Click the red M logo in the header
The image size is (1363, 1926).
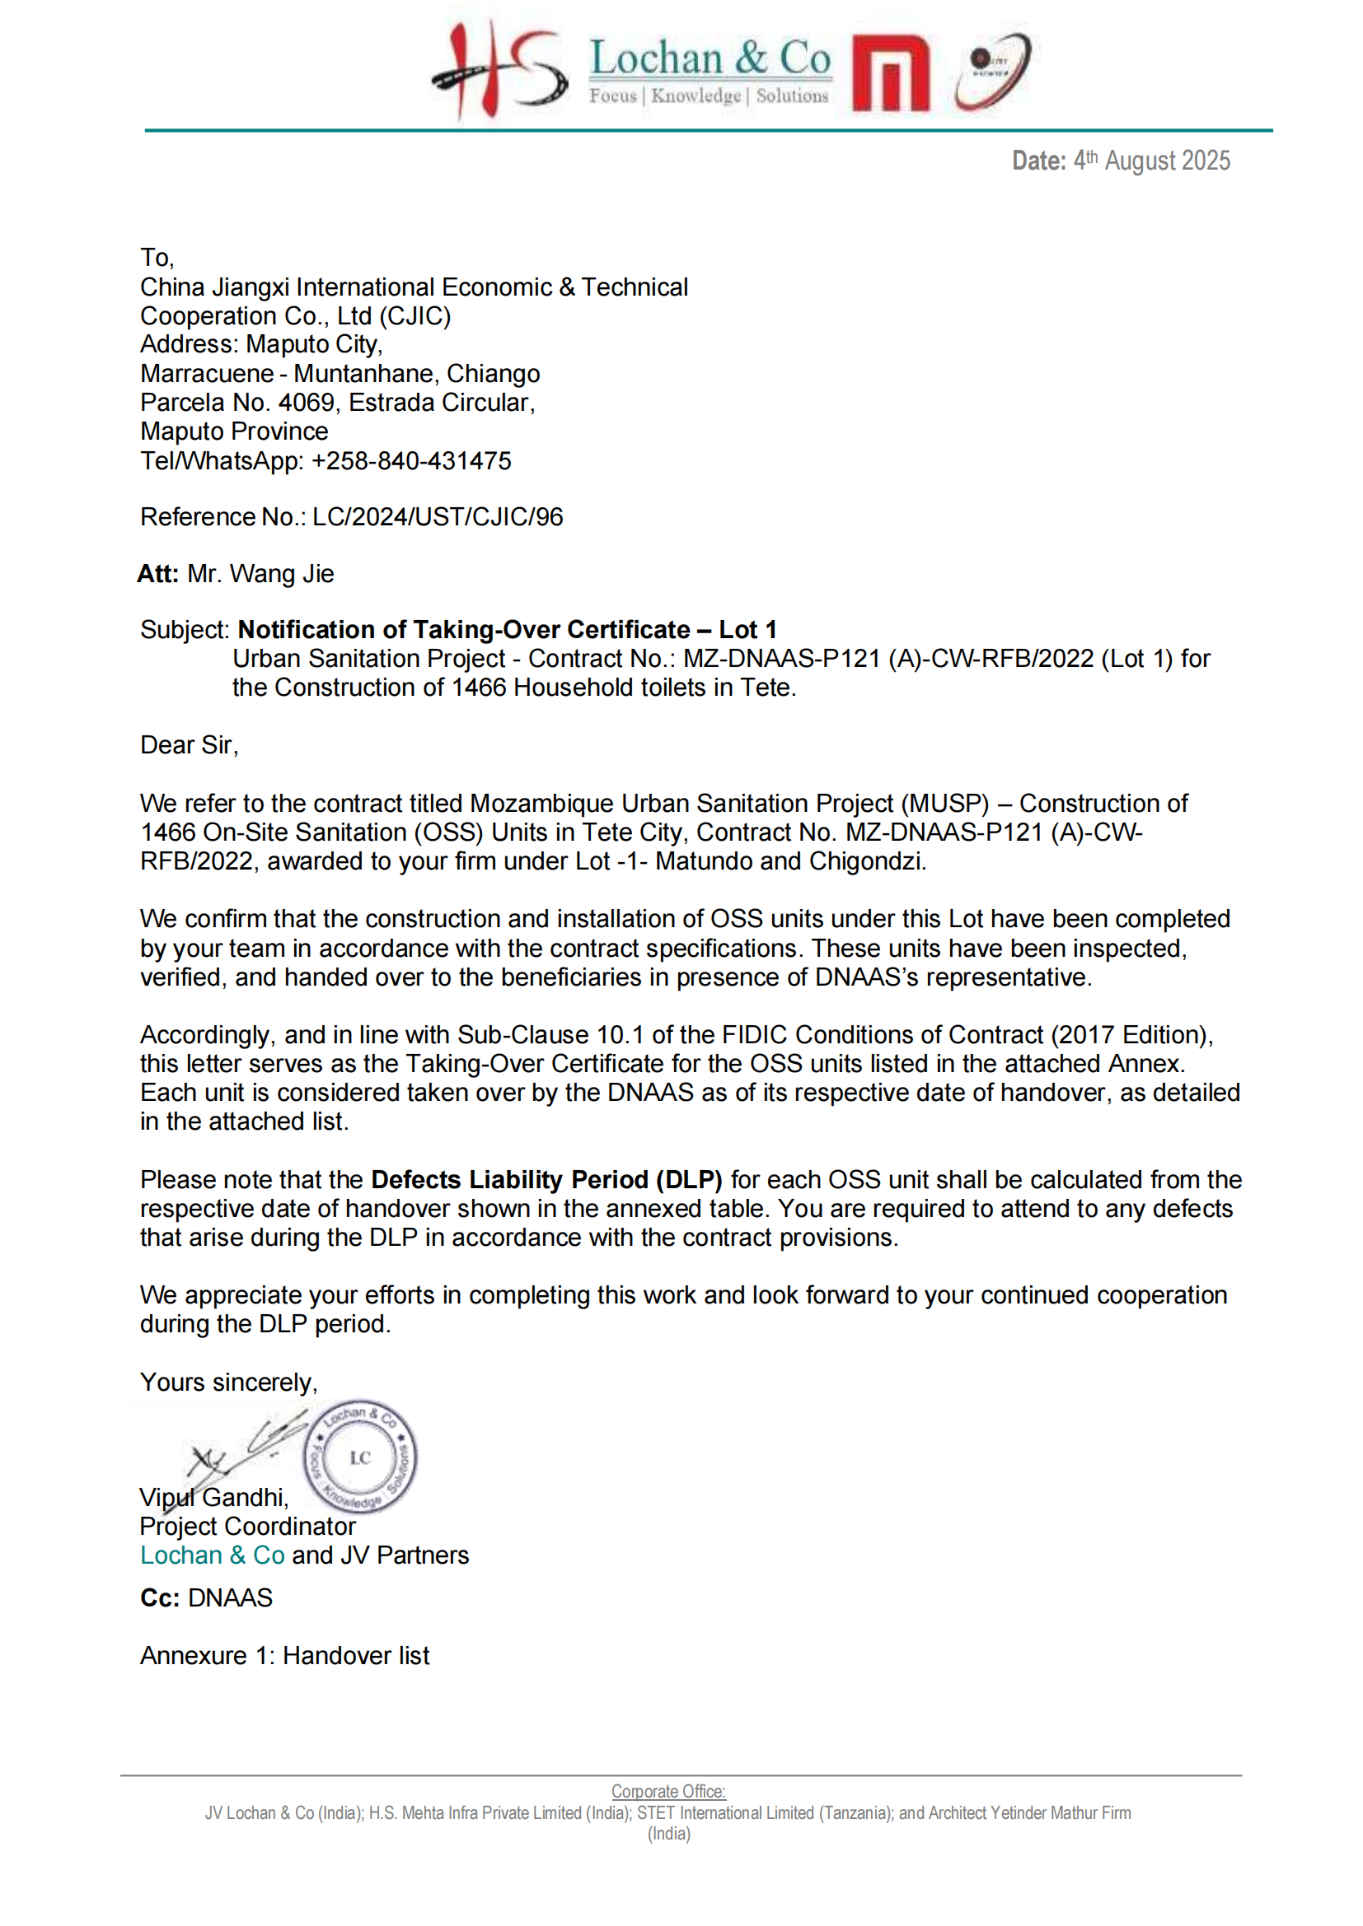890,73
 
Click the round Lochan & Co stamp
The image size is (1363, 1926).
360,1457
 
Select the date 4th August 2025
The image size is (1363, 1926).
1150,161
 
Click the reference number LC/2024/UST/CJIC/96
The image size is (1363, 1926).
438,517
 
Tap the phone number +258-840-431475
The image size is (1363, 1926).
411,460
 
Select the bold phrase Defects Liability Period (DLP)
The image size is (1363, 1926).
546,1179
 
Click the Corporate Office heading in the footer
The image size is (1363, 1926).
668,1791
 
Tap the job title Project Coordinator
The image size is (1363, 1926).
247,1526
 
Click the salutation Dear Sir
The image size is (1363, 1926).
189,745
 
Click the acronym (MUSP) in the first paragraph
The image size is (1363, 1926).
945,804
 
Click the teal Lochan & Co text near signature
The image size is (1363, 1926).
213,1555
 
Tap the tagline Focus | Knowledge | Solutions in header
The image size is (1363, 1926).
709,96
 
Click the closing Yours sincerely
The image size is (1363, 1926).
228,1383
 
